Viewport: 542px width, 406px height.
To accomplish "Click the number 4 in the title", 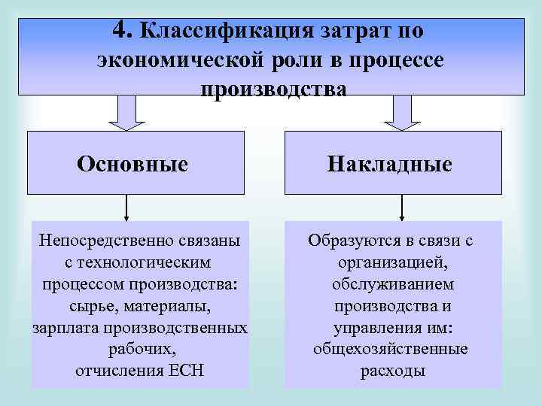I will click(122, 30).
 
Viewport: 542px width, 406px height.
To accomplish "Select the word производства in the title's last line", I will click(274, 89).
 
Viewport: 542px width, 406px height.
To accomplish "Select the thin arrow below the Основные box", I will click(126, 207).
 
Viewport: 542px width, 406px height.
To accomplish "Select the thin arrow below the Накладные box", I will click(402, 207).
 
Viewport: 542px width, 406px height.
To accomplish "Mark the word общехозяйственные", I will click(391, 349).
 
